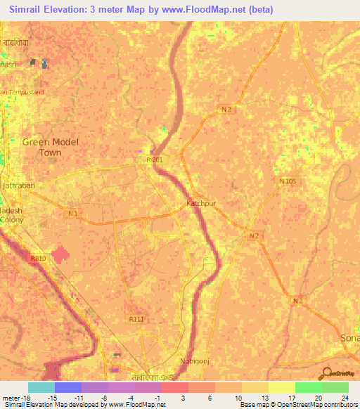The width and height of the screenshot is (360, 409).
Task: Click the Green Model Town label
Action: pos(51,147)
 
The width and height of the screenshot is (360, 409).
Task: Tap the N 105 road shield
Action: pos(287,182)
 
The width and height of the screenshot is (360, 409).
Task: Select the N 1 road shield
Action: pos(72,212)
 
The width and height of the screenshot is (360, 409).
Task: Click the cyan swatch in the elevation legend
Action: pos(41,387)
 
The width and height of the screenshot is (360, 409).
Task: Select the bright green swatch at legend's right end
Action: pos(335,387)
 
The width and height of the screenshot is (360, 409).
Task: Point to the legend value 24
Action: pos(345,398)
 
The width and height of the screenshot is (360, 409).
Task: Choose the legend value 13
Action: pos(265,398)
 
